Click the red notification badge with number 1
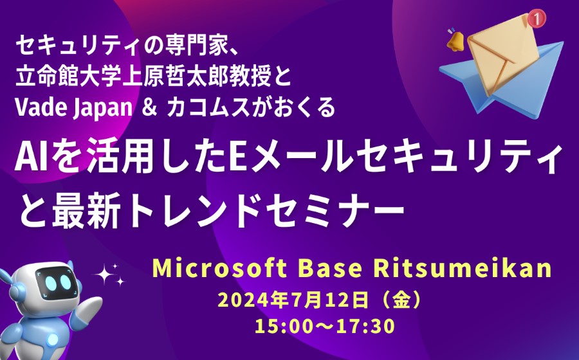(x=536, y=18)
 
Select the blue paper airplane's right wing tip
(x=562, y=43)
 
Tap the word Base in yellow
(x=330, y=269)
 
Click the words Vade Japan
(x=73, y=108)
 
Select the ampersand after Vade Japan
(x=149, y=108)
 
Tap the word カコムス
(x=210, y=108)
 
